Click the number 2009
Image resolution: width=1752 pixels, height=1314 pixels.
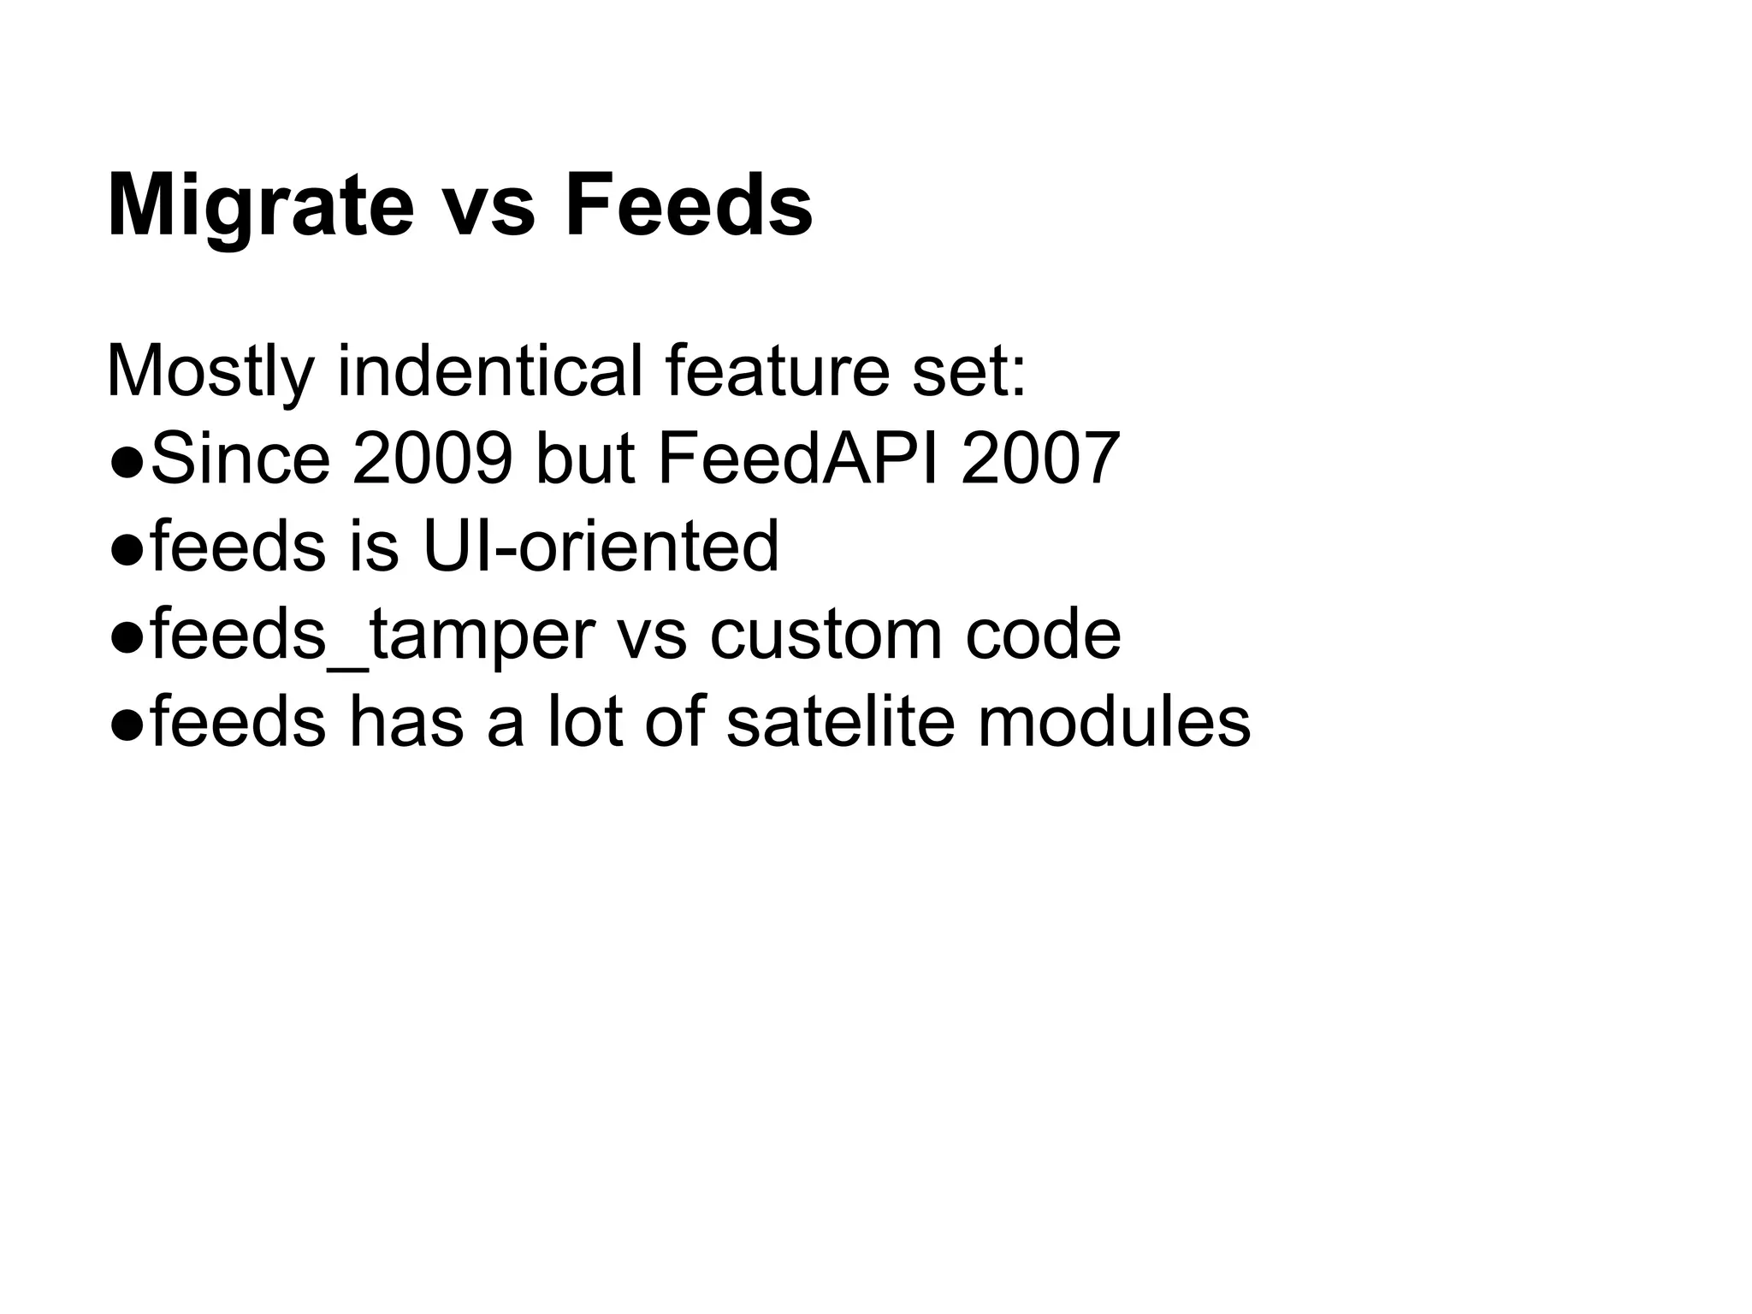click(433, 459)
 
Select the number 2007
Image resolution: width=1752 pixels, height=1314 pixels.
click(1040, 459)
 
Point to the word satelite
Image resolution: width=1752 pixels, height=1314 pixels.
click(840, 723)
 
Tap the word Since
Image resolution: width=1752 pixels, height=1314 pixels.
click(240, 459)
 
